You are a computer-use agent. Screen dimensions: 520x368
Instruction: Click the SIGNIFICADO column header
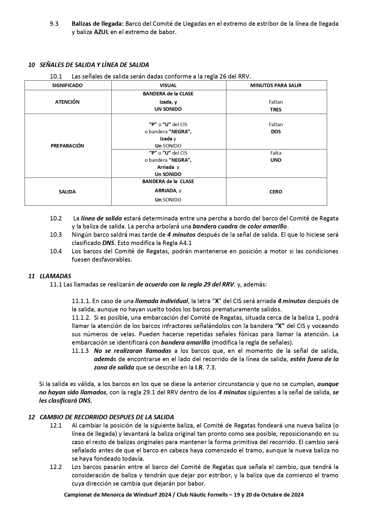click(x=67, y=85)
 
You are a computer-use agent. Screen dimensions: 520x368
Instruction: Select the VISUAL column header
click(x=168, y=85)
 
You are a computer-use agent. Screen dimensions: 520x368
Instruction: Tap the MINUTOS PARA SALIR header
click(x=276, y=85)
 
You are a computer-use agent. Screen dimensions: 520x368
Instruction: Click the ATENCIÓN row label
click(x=67, y=102)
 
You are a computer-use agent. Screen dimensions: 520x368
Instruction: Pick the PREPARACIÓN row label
click(x=67, y=146)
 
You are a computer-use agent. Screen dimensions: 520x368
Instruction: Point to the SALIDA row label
click(x=67, y=192)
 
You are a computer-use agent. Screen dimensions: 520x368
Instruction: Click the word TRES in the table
click(x=276, y=109)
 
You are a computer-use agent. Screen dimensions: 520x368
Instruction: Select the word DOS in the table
click(x=276, y=132)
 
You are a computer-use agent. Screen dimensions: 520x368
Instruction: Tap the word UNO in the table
click(x=276, y=160)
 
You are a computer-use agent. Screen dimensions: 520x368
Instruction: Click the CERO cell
click(x=276, y=192)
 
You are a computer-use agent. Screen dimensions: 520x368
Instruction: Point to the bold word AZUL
click(x=101, y=32)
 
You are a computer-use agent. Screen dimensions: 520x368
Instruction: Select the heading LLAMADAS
click(x=55, y=276)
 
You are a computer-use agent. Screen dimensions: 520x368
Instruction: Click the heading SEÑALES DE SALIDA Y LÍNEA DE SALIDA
click(x=94, y=65)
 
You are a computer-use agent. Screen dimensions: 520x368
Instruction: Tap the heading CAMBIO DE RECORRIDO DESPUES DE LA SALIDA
click(x=107, y=417)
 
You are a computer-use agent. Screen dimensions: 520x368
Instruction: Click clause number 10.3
click(x=56, y=235)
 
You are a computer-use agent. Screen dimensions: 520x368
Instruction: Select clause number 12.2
click(x=56, y=467)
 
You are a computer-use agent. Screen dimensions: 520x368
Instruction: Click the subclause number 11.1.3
click(x=80, y=351)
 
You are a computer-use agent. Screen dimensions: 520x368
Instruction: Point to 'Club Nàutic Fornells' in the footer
click(x=204, y=495)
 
